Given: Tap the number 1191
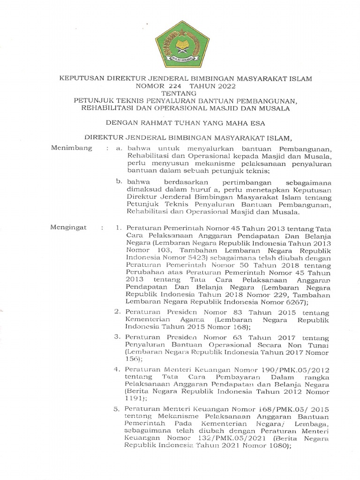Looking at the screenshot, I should click(x=135, y=399).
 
